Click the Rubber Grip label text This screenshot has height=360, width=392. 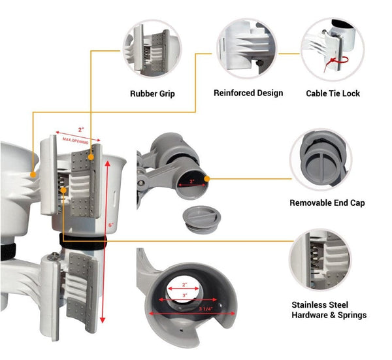coord(152,93)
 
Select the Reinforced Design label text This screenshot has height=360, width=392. coord(248,93)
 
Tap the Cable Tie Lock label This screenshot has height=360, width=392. coord(333,93)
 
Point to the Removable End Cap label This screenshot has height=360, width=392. coord(327,203)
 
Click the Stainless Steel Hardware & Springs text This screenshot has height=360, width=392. coord(329,310)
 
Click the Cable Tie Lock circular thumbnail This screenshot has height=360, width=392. coord(333,48)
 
